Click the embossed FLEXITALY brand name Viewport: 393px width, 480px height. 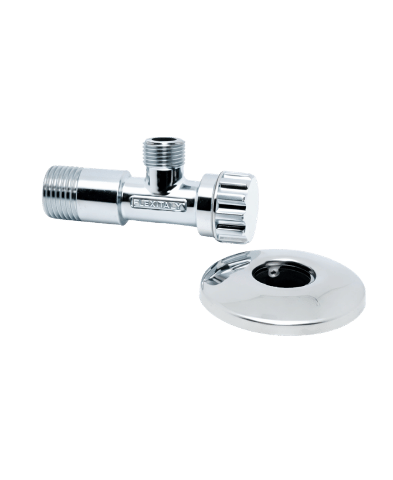pyautogui.click(x=159, y=204)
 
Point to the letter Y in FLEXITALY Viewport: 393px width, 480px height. pyautogui.click(x=182, y=207)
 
